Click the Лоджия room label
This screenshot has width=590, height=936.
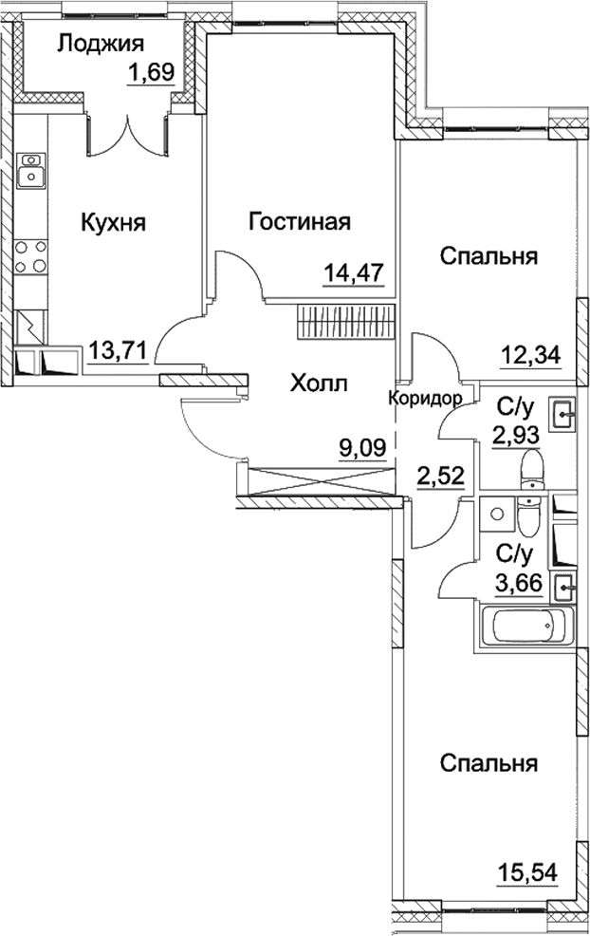100,43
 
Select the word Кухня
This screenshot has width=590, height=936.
113,223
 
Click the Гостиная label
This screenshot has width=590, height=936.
300,223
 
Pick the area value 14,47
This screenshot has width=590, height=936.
353,273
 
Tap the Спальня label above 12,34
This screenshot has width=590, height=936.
489,256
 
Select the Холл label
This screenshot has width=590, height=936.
318,384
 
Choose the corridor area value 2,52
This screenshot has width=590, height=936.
440,474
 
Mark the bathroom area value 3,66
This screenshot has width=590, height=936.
518,583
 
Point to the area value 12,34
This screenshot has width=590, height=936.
530,356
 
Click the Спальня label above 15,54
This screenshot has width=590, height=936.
489,763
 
